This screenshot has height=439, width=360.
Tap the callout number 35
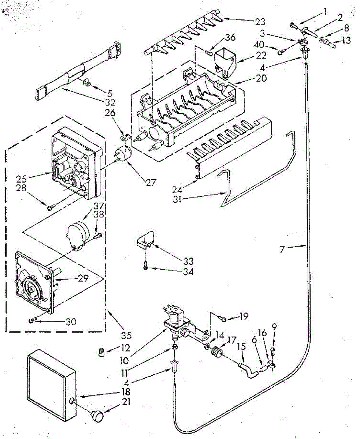coord(126,335)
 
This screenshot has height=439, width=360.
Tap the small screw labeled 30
coord(32,320)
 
